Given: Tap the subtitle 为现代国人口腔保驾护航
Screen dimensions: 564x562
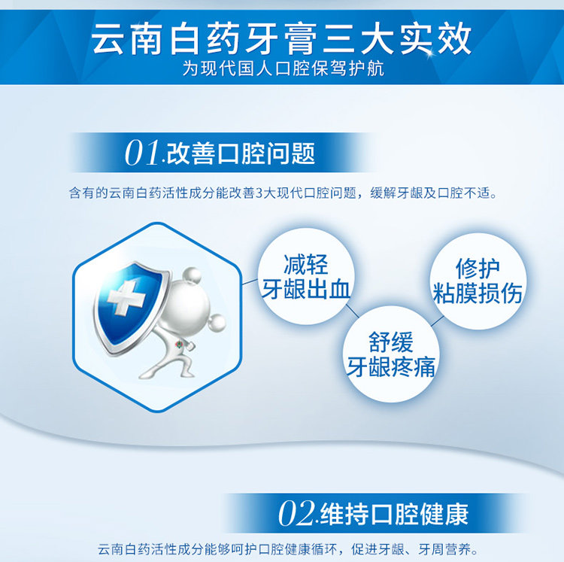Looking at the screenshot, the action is (x=283, y=68).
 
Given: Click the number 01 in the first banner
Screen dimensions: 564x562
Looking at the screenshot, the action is (x=142, y=153).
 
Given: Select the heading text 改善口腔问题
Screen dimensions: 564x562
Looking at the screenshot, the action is (x=241, y=153).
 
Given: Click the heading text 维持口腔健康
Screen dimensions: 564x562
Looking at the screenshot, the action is (x=394, y=514).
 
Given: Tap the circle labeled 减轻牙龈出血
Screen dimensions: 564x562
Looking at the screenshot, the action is (x=306, y=277).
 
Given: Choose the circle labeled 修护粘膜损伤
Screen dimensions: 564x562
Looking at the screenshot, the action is (x=478, y=281).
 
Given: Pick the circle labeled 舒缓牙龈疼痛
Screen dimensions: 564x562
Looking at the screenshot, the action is (x=391, y=354).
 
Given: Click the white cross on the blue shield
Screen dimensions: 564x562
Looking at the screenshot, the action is (x=126, y=298).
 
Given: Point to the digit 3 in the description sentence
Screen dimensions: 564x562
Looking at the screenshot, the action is (x=259, y=193).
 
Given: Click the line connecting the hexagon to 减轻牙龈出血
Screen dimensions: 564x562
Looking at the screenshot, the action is (x=250, y=281).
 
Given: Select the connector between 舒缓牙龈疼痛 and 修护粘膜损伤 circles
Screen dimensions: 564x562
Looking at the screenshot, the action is (x=438, y=321).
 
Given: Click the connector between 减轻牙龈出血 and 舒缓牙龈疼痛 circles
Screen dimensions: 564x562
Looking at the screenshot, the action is (x=353, y=311).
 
